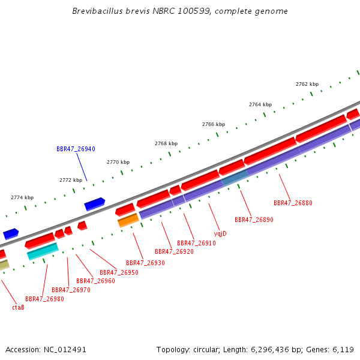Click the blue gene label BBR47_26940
coord(76,149)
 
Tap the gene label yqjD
coord(220,234)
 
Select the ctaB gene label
coord(18,307)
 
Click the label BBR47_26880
coord(293,203)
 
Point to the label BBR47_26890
coord(254,220)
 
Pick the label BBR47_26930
coord(145,263)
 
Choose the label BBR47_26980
coord(44,299)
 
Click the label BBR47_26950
coord(119,272)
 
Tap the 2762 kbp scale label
coord(307,84)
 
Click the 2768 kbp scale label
coord(166,144)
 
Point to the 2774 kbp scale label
coord(22,197)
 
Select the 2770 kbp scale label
coord(118,163)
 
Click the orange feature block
coord(128,220)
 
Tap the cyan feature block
coord(43,251)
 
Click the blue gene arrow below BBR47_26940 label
coord(95,204)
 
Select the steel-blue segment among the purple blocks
coord(235,178)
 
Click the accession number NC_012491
coord(65,350)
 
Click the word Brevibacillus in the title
coord(98,11)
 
